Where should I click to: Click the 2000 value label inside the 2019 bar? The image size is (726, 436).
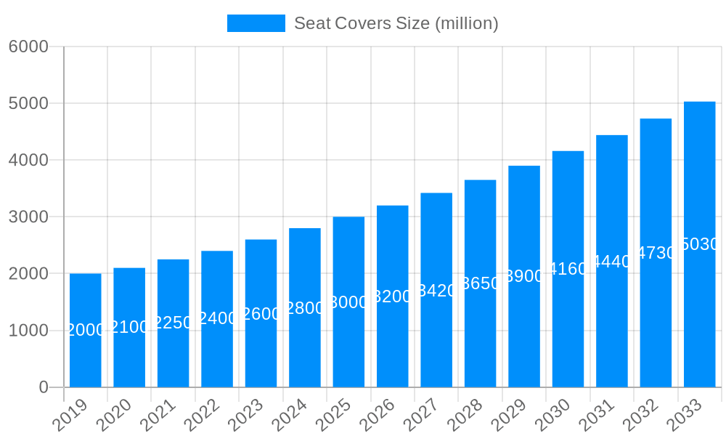(x=86, y=330)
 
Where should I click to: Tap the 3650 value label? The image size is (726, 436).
(x=481, y=283)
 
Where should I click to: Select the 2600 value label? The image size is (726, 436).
(x=261, y=314)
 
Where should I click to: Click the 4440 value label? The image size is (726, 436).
(x=612, y=262)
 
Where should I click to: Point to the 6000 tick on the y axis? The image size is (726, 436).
(x=28, y=47)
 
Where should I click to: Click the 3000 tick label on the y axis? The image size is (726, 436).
(x=28, y=217)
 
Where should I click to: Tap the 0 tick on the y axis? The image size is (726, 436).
(x=44, y=387)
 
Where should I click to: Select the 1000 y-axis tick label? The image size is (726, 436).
(x=28, y=331)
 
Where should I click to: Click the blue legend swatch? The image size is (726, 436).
(x=256, y=23)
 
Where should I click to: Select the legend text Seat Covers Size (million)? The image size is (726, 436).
(x=396, y=23)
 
